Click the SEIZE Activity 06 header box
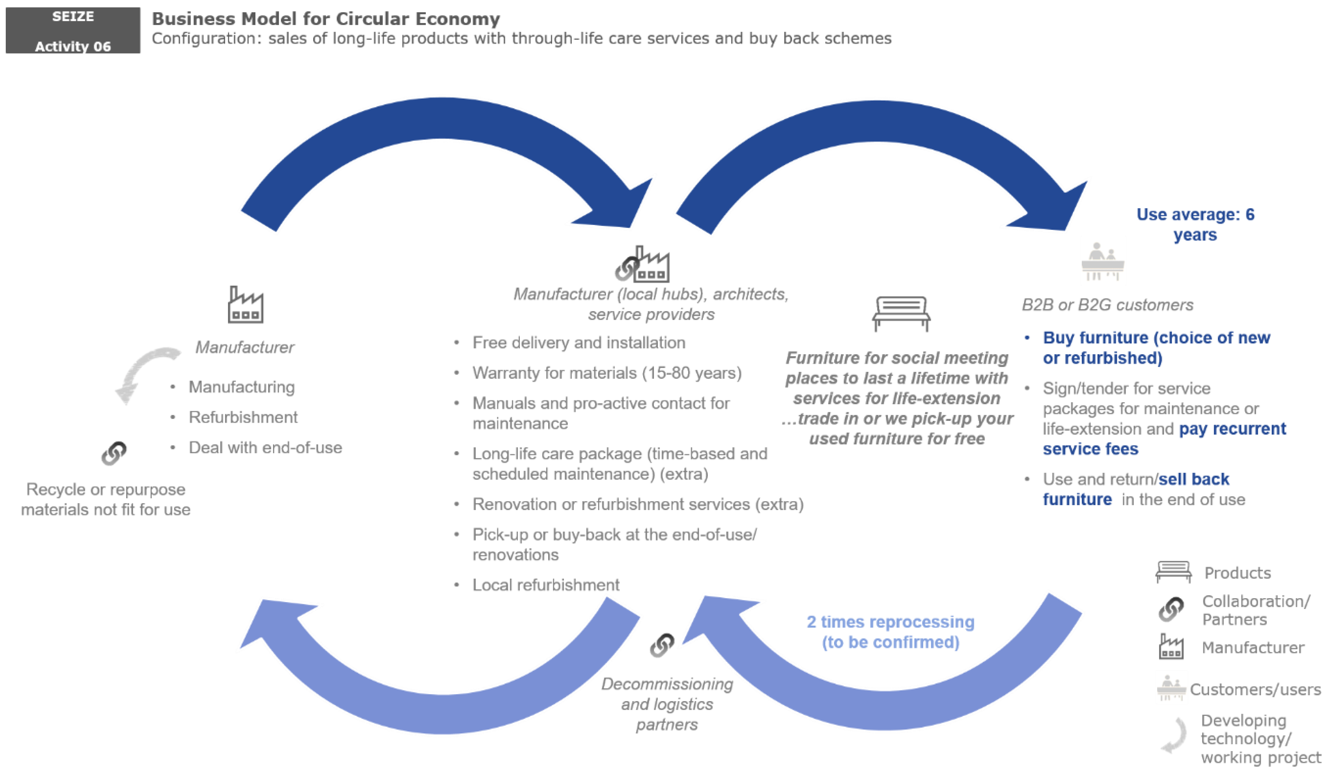click(73, 31)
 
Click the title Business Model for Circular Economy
click(326, 19)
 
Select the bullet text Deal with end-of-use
click(265, 447)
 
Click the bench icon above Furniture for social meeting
click(901, 313)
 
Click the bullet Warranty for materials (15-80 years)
click(606, 373)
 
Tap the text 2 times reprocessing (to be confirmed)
click(890, 632)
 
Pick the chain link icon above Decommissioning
click(662, 645)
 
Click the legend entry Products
click(1237, 573)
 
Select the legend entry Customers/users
click(1254, 690)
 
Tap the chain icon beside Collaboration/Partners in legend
click(1171, 609)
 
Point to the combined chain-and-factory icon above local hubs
click(643, 265)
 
